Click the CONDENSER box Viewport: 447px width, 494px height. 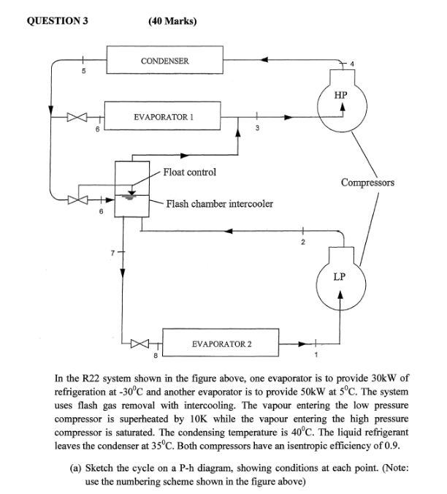(164, 61)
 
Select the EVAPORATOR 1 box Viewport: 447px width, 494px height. (164, 115)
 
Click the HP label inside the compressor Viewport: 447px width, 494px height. (340, 95)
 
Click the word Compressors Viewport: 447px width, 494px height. (367, 182)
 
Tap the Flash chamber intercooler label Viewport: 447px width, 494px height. (220, 204)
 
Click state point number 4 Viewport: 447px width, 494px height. (353, 65)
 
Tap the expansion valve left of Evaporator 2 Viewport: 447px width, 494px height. (140, 342)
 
